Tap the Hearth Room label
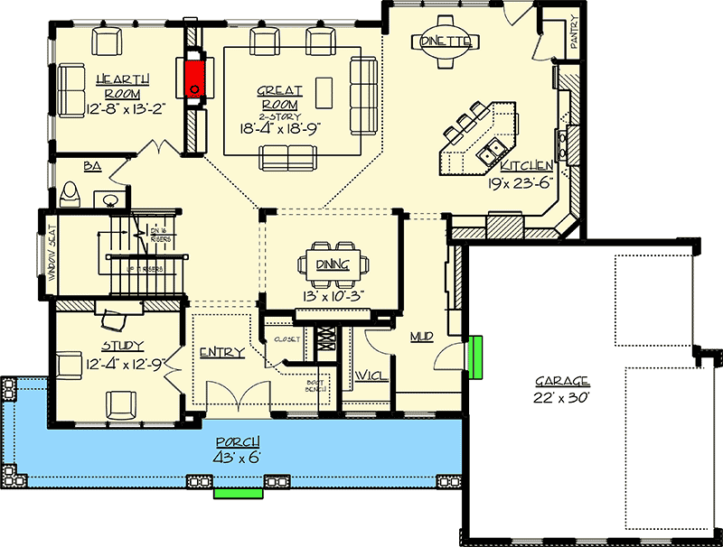tap(123, 87)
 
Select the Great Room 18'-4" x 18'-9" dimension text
tap(279, 128)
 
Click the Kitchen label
tap(527, 165)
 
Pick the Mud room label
tap(421, 337)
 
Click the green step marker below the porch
tap(238, 494)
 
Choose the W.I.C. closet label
tap(371, 375)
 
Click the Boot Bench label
tap(315, 387)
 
